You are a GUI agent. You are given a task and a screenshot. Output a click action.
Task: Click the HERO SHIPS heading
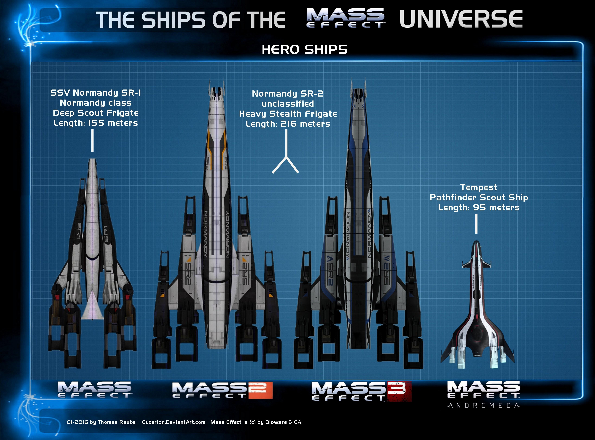(x=304, y=50)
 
